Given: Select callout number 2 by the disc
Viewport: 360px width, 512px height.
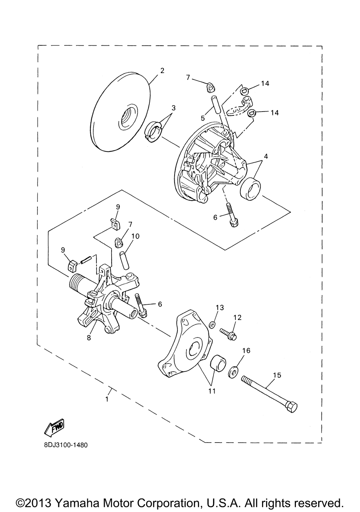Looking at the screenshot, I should tap(162, 71).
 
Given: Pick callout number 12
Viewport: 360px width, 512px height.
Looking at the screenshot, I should tap(238, 318).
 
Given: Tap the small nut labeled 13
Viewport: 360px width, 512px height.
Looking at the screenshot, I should tap(212, 325).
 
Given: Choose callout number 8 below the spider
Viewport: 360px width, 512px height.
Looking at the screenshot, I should tap(89, 337).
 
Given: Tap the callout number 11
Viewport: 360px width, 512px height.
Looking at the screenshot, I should tap(212, 391).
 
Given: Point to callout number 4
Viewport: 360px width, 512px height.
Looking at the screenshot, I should tap(265, 157).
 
